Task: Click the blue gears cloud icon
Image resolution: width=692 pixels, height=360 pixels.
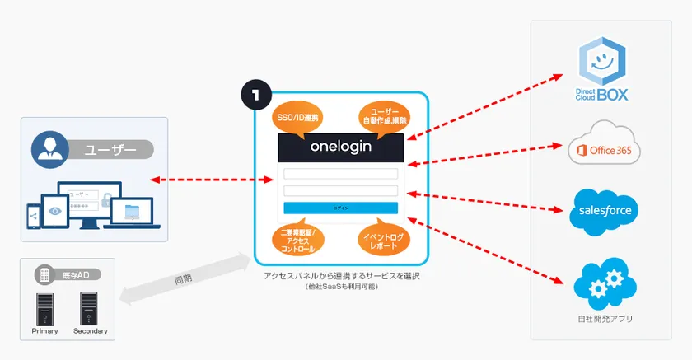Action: pos(605,283)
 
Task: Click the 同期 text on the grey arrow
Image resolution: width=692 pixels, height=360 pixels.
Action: pos(182,279)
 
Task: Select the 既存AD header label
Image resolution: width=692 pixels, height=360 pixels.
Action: pos(73,274)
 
